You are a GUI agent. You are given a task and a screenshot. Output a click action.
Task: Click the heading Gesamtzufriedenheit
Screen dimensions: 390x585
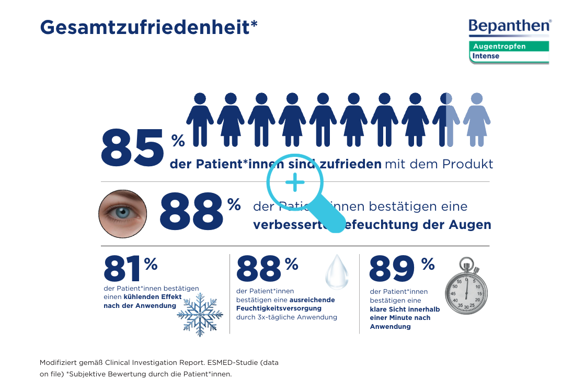point(148,27)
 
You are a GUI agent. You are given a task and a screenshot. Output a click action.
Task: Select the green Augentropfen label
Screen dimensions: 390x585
point(499,47)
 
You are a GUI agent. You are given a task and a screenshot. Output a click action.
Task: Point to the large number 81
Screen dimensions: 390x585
point(123,269)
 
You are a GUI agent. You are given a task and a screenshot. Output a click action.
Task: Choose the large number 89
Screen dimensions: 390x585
point(392,269)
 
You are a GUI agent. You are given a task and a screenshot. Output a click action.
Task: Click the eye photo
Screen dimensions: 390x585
point(123,214)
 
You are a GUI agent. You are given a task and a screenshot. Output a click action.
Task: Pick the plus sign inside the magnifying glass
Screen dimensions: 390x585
point(295,182)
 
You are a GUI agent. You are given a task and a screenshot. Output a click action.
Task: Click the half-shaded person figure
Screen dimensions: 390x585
point(446,120)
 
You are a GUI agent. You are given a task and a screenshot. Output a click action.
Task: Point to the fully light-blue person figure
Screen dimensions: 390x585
point(476,120)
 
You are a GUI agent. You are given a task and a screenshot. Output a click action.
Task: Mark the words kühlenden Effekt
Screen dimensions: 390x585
point(153,297)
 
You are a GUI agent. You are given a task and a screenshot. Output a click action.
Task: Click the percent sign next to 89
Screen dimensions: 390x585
point(428,265)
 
